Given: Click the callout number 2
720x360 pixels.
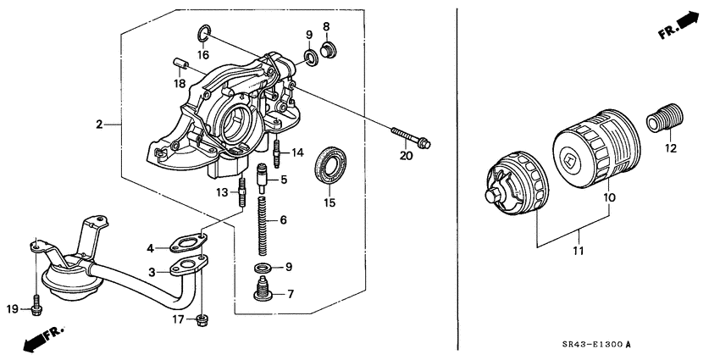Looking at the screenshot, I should pos(99,125).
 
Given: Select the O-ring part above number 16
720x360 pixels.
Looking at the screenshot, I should pos(203,35).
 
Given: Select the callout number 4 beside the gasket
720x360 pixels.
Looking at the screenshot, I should pos(150,248).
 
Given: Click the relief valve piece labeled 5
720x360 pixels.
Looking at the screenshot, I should pos(262,180).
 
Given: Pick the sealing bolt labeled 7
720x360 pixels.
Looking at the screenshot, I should pos(262,294).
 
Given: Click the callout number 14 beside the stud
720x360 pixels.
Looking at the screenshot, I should pos(296,152).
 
